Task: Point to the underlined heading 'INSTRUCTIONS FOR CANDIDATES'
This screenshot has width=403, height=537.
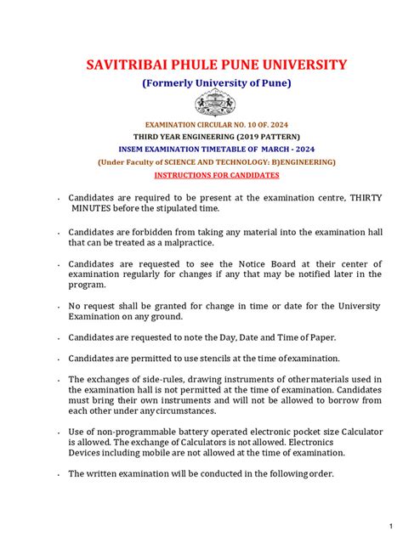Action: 216,174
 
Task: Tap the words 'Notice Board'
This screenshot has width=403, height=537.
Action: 253,263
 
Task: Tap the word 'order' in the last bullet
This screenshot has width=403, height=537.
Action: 317,473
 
